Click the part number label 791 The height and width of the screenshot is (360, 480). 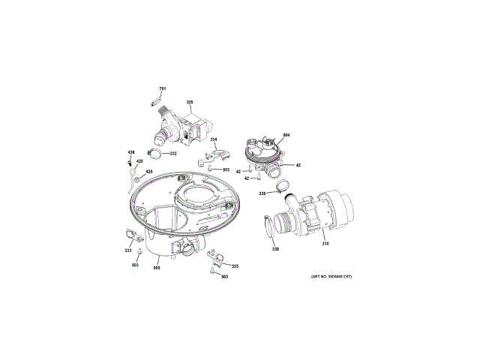tap(163, 90)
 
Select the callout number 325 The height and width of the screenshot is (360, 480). tap(190, 102)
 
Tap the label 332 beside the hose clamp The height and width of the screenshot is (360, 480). tap(173, 154)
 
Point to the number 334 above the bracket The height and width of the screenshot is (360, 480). tap(213, 140)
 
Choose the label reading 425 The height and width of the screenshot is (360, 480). tap(148, 172)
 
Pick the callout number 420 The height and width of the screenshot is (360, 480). tap(139, 162)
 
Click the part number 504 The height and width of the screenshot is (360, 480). tap(286, 135)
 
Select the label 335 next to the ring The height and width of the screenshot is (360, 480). tap(262, 193)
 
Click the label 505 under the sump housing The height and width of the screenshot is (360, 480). tap(157, 268)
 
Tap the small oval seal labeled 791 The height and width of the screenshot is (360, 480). tap(158, 98)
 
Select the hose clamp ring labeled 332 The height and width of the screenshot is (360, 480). tap(156, 155)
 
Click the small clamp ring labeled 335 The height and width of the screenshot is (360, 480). tap(280, 186)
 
